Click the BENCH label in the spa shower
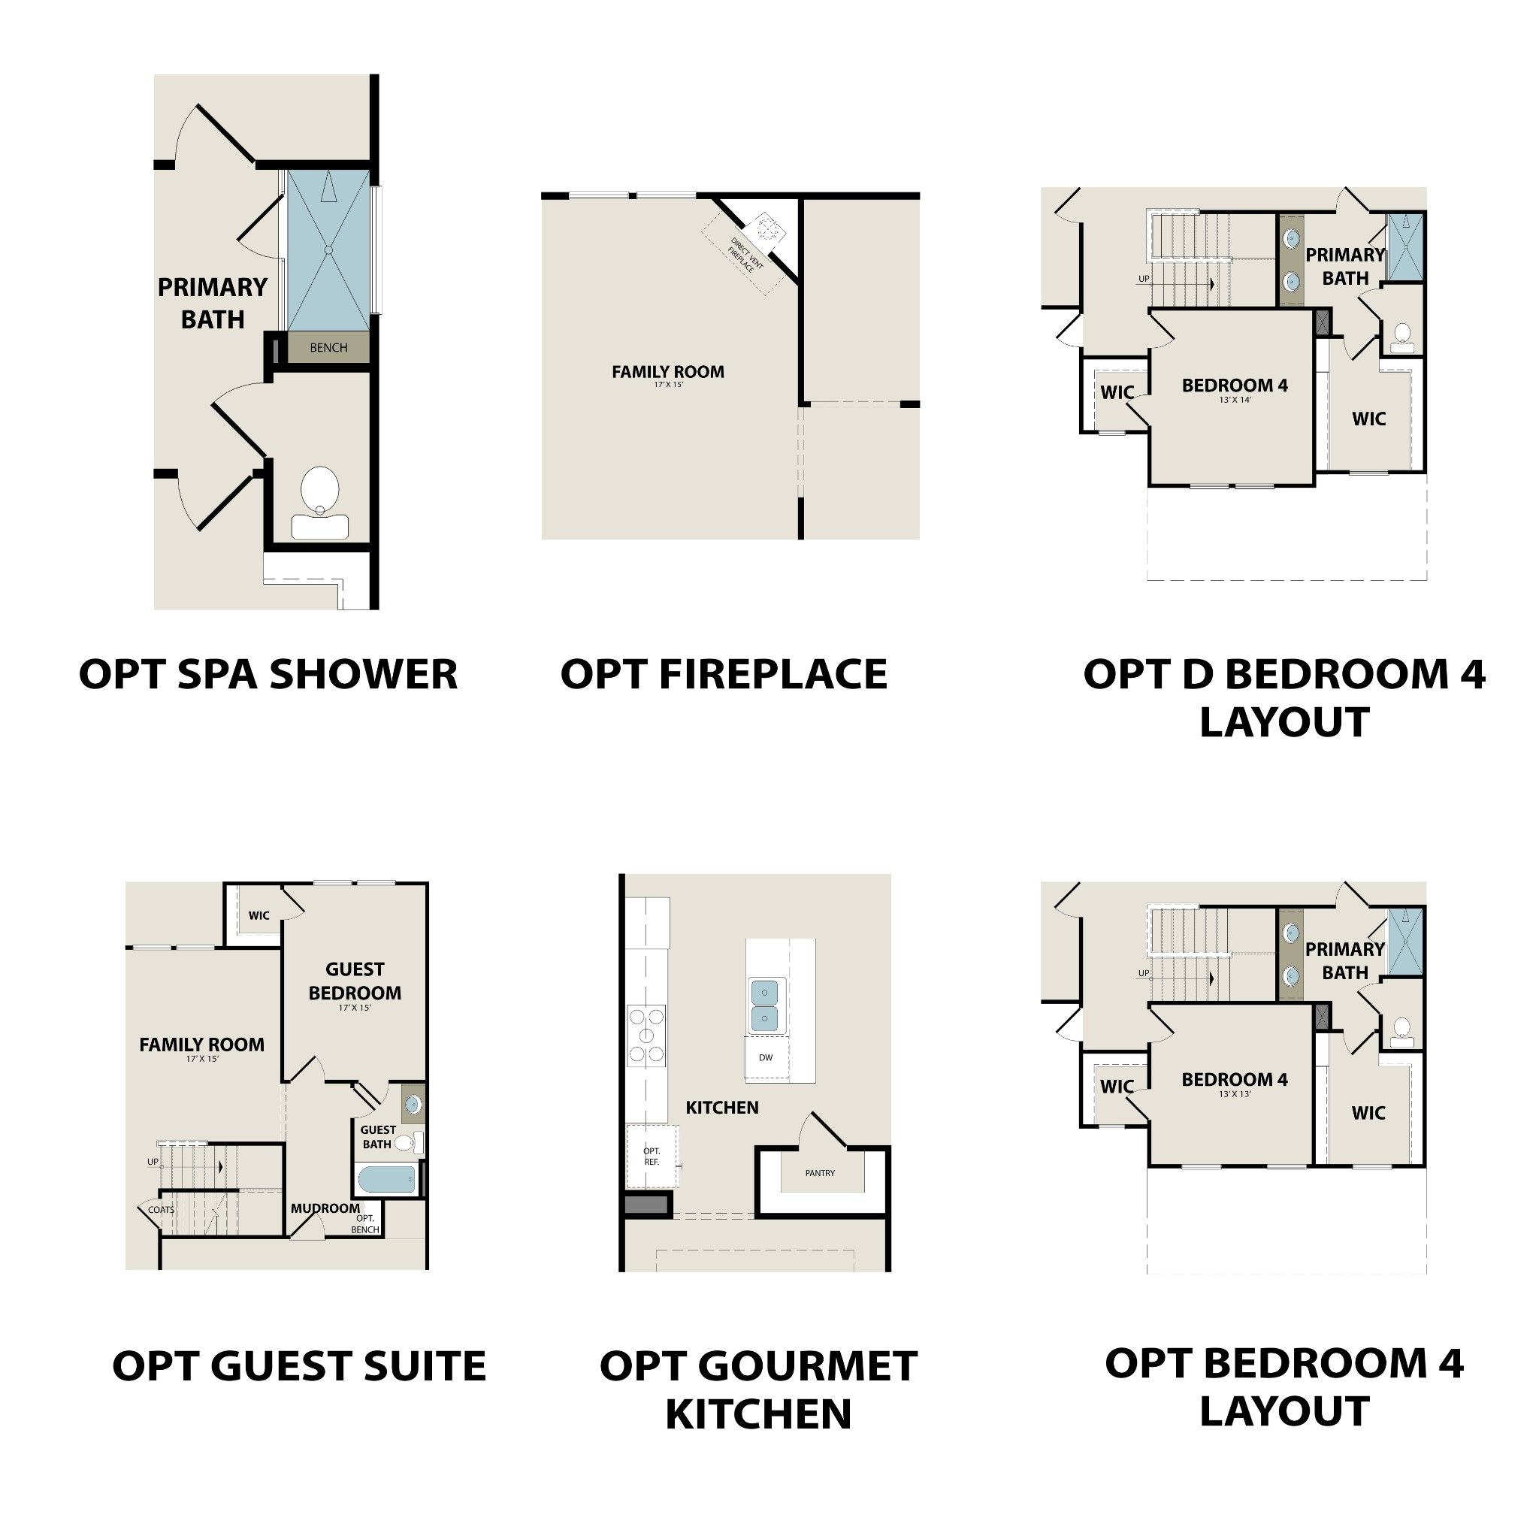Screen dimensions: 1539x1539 click(328, 347)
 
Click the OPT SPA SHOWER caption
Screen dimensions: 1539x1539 click(268, 674)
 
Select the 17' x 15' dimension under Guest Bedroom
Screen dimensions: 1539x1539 click(355, 1008)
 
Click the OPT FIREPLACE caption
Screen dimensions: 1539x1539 click(724, 674)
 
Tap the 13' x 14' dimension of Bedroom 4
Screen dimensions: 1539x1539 click(1235, 400)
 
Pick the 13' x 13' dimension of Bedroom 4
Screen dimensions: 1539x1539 click(1235, 1093)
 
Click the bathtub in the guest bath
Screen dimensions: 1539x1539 click(386, 1180)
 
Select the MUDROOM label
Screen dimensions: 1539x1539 click(325, 1208)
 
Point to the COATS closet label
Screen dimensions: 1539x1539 click(161, 1209)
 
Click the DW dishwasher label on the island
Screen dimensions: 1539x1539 click(766, 1058)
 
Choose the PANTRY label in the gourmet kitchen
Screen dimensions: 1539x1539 click(820, 1172)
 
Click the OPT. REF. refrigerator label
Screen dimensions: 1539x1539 click(652, 1156)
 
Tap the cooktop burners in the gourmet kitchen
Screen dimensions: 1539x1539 click(646, 1035)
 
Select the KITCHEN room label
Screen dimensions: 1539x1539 click(721, 1107)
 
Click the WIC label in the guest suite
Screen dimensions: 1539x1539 click(259, 915)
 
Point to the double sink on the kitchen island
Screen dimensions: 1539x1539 click(765, 1005)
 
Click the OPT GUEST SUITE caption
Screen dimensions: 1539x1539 click(299, 1366)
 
